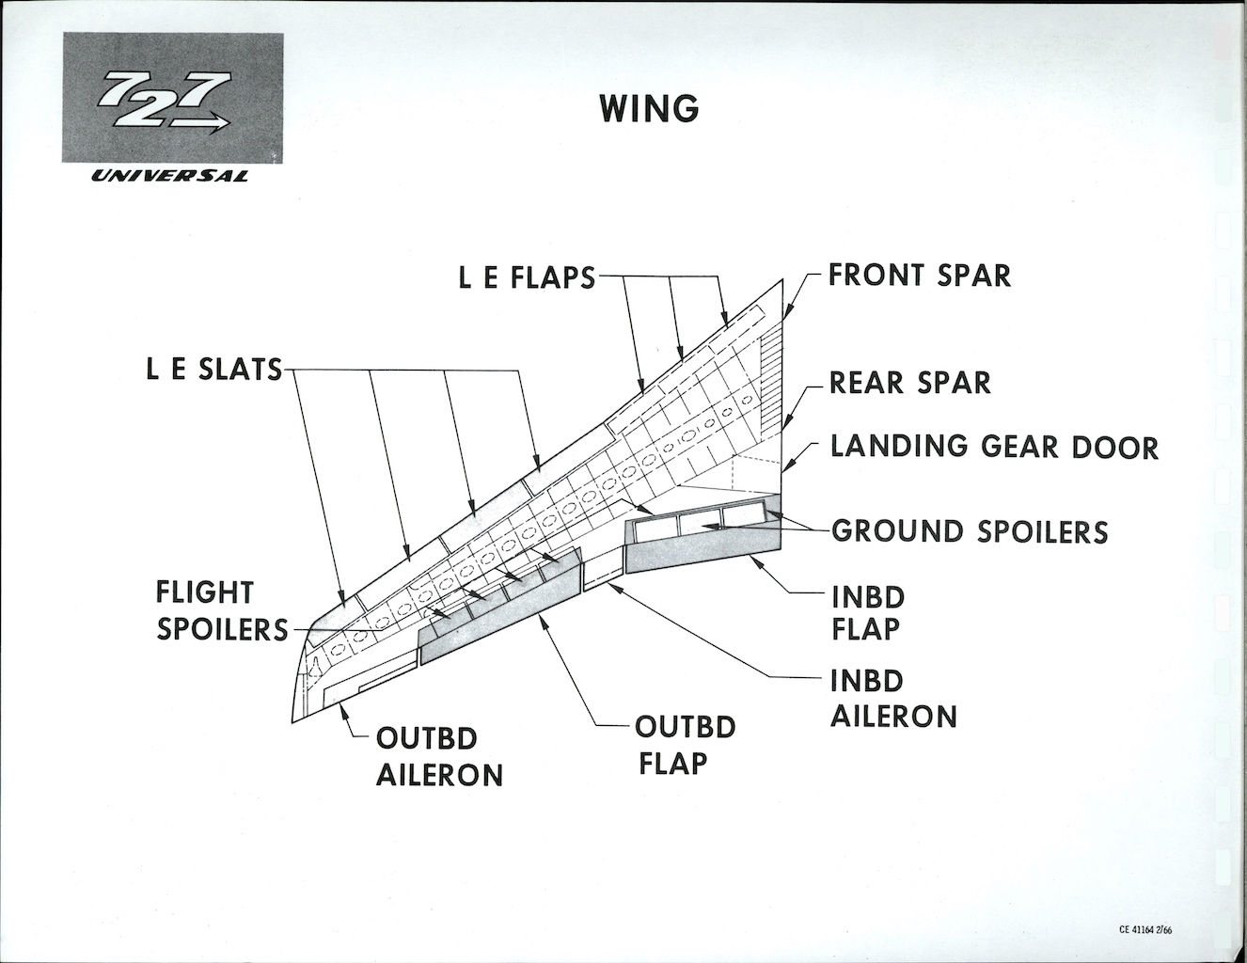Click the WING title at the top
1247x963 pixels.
pyautogui.click(x=649, y=108)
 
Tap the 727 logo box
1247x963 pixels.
pyautogui.click(x=173, y=98)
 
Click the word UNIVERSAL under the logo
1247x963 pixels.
pyautogui.click(x=169, y=177)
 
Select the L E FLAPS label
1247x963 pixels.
pyautogui.click(x=527, y=277)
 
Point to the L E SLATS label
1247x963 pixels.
pyautogui.click(x=214, y=369)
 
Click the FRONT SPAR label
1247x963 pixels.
pyautogui.click(x=920, y=275)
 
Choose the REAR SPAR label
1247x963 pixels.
pyautogui.click(x=909, y=383)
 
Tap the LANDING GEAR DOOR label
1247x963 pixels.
pyautogui.click(x=994, y=447)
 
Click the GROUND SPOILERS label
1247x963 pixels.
pyautogui.click(x=970, y=531)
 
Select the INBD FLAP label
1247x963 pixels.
pyautogui.click(x=867, y=613)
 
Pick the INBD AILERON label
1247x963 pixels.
pyautogui.click(x=893, y=699)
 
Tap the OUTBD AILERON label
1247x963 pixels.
pyautogui.click(x=439, y=758)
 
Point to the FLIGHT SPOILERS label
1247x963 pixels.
pyautogui.click(x=222, y=611)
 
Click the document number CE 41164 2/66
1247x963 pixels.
pyautogui.click(x=1144, y=930)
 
